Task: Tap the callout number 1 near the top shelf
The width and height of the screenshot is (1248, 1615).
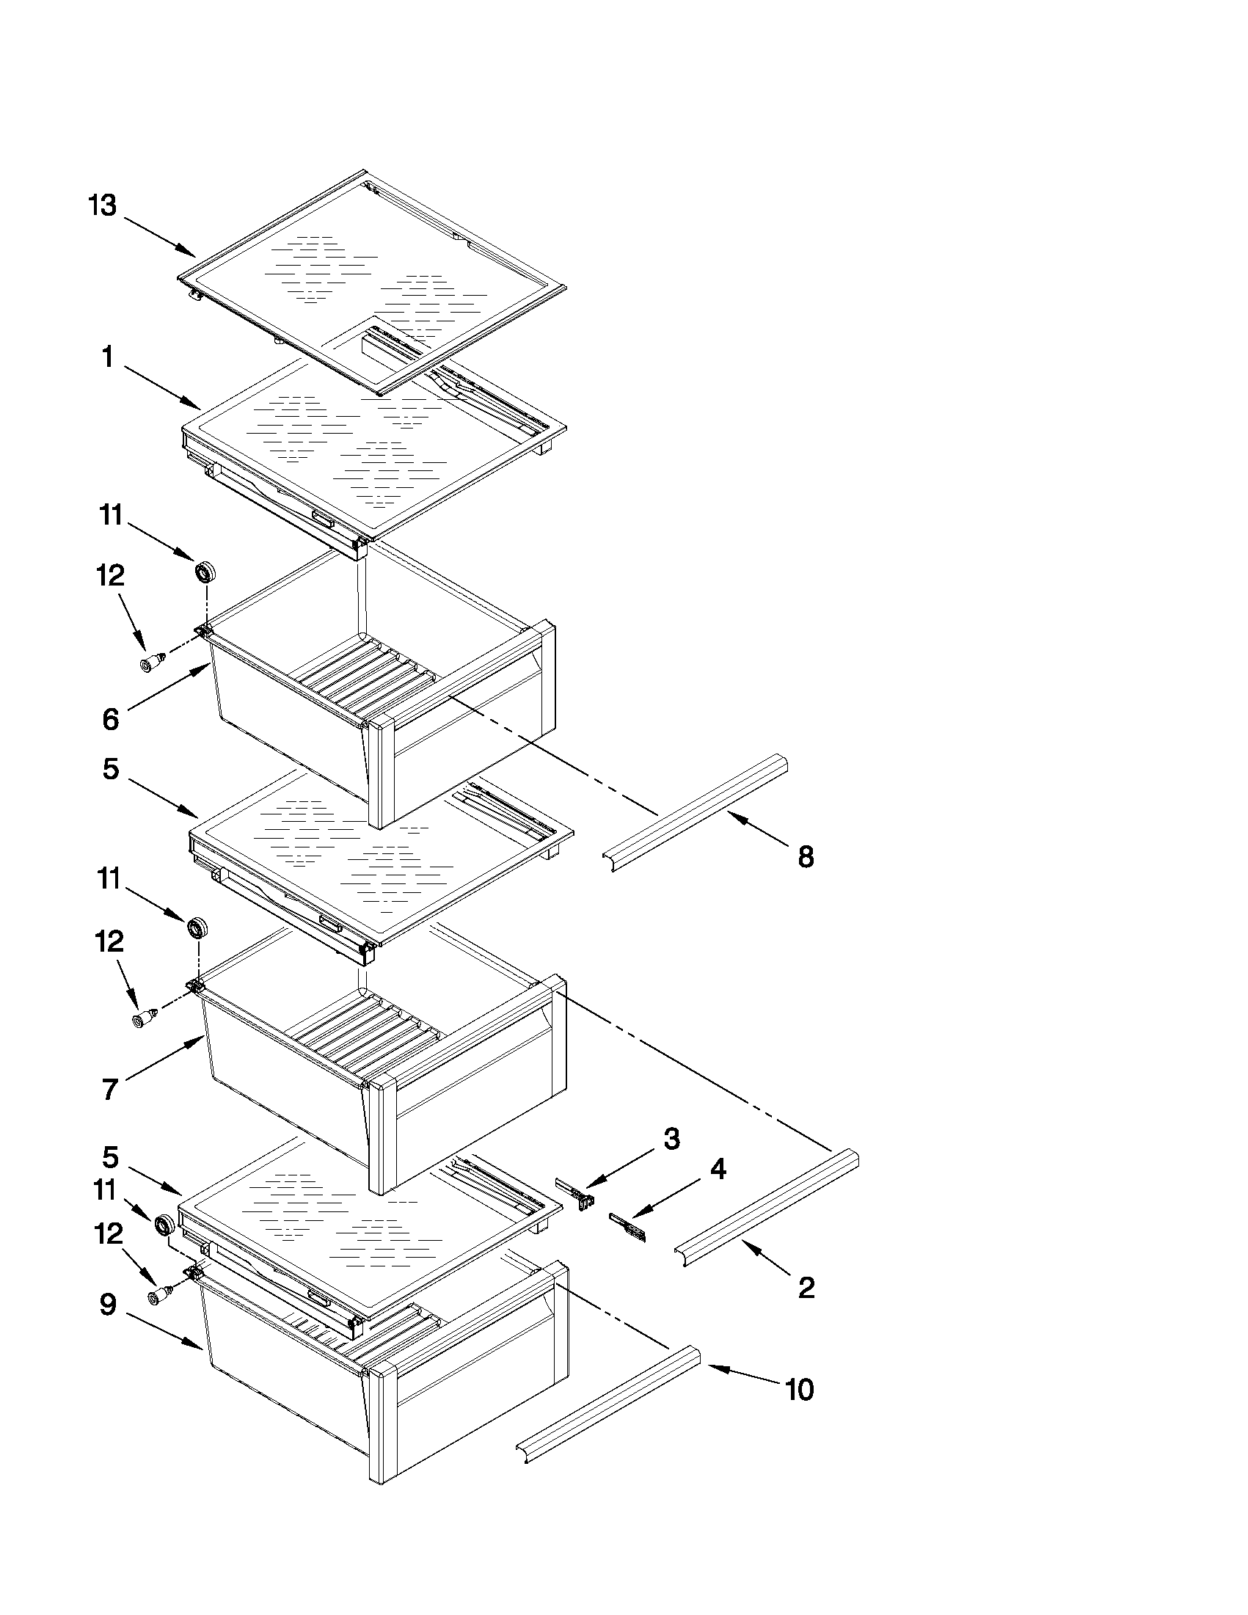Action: pos(108,358)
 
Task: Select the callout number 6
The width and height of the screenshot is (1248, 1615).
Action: pos(110,719)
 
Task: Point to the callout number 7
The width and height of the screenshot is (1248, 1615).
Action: pos(109,1089)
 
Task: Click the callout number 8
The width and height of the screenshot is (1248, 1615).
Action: pos(806,857)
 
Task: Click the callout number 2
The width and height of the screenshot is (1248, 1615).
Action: pos(806,1288)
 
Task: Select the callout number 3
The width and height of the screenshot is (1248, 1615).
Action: pos(671,1139)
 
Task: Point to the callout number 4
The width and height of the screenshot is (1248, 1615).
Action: pos(717,1169)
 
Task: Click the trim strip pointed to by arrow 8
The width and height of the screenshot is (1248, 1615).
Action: pos(695,813)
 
